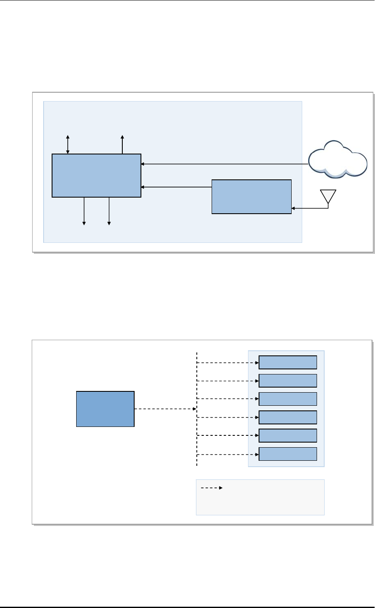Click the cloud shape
point(337,160)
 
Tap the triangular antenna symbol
point(328,196)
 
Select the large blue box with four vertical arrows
point(96,176)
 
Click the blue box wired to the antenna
point(251,197)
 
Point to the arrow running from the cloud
point(224,164)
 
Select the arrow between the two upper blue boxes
point(176,187)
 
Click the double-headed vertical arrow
point(68,144)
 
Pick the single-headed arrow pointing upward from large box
point(122,144)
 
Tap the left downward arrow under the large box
point(84,211)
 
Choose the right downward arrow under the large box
point(109,211)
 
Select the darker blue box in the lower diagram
point(105,409)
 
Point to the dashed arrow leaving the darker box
point(165,409)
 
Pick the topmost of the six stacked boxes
point(288,362)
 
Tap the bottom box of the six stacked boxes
point(288,454)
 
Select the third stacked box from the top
point(288,399)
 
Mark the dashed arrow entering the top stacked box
point(228,363)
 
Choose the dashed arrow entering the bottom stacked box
point(228,455)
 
